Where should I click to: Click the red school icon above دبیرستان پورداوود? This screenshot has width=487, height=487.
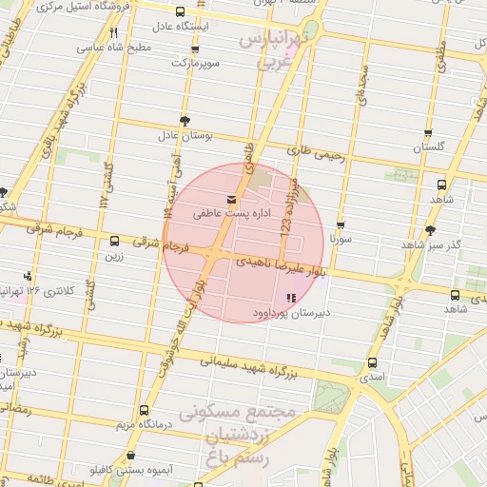coord(290,299)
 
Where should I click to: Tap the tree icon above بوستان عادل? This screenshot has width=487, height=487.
coord(184,122)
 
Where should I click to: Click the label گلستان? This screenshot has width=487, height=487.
coord(428,148)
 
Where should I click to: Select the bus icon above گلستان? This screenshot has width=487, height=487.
coord(428,134)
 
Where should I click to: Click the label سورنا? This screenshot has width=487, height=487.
coord(341,241)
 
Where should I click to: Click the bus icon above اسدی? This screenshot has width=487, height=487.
coord(368,363)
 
